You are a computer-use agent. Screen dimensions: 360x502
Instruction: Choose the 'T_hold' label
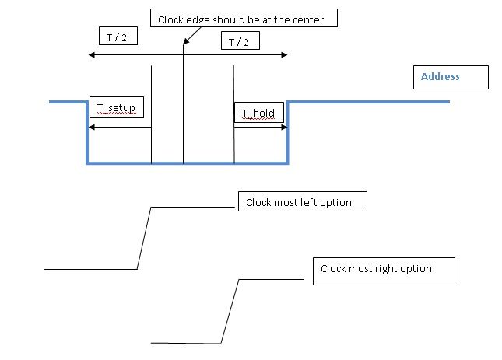click(258, 113)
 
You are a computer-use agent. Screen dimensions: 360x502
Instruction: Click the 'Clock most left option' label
click(300, 202)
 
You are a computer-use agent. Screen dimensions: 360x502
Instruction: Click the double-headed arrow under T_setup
click(119, 127)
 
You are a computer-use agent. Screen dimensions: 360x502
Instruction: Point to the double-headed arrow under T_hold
click(261, 127)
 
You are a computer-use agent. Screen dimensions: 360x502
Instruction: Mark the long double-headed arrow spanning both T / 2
click(188, 55)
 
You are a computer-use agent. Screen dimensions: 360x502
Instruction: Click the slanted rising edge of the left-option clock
click(144, 238)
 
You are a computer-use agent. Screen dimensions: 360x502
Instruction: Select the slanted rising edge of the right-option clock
click(230, 311)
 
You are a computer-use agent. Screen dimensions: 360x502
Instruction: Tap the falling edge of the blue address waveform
click(87, 132)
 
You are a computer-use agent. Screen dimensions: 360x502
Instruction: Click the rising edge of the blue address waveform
click(287, 132)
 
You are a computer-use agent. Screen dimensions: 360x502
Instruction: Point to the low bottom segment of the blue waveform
click(187, 163)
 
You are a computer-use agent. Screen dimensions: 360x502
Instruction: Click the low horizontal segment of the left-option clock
click(90, 269)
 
